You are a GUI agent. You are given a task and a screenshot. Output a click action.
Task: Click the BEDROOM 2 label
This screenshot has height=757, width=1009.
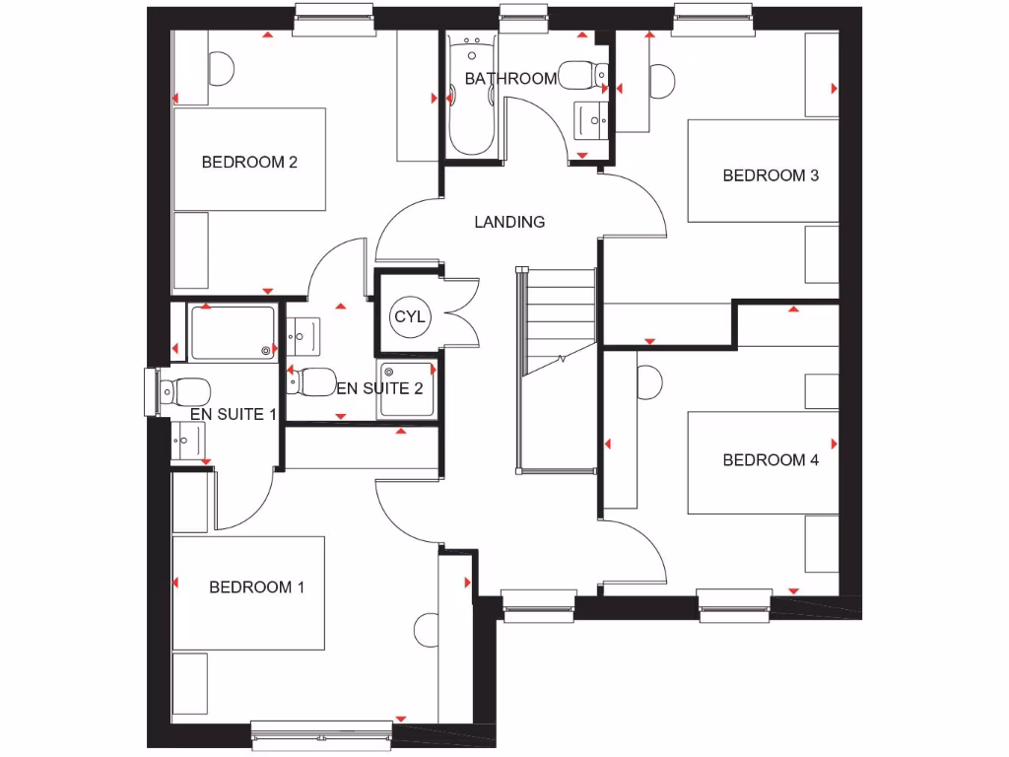point(249,163)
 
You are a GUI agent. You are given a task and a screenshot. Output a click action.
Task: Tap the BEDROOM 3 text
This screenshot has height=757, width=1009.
point(771,176)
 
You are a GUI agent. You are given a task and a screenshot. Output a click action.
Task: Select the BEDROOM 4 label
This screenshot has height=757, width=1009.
point(771,460)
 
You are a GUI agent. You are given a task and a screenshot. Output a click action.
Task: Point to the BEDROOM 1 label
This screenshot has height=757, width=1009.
point(256,587)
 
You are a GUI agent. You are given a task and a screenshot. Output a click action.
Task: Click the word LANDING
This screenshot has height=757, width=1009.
point(509,223)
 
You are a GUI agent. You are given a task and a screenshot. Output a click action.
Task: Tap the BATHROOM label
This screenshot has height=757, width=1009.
point(510,79)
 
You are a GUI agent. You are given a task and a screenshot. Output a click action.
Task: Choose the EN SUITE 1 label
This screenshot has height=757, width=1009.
point(233,414)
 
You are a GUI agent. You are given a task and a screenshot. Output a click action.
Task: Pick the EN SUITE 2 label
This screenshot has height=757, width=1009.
point(379,388)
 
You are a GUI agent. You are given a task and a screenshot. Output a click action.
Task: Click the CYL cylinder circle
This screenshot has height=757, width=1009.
point(409,316)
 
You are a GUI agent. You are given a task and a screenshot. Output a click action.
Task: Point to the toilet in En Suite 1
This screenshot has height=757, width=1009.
point(185,391)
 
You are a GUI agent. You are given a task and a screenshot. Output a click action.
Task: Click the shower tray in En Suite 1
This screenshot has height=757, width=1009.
point(233,332)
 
